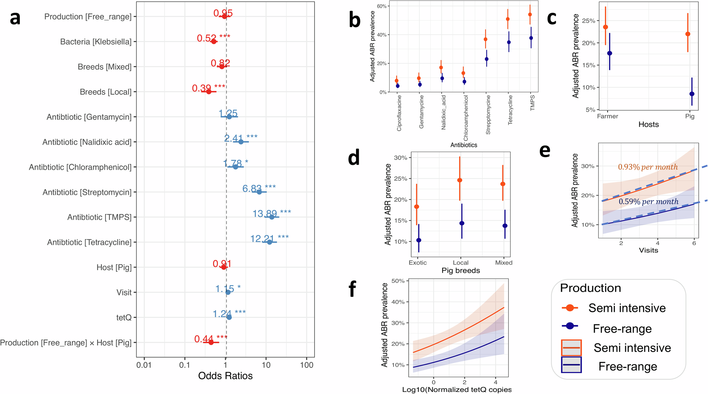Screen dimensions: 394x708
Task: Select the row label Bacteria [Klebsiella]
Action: pos(96,42)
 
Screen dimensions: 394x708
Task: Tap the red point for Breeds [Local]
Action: pos(209,92)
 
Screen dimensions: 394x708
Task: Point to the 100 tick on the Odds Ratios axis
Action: pos(306,365)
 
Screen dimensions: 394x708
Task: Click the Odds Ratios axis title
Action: pos(225,376)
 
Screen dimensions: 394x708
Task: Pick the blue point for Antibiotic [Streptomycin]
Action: pos(259,192)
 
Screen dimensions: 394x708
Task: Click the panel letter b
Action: pos(355,20)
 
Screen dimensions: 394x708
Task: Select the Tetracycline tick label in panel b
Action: pos(510,110)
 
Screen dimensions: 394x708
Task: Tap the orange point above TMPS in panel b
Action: pos(530,15)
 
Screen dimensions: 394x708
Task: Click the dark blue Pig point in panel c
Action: pos(692,94)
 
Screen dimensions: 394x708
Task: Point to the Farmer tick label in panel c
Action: pos(608,116)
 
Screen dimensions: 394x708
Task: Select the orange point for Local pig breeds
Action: pos(460,180)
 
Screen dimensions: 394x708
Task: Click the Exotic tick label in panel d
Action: pos(418,262)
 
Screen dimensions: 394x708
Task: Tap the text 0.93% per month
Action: pos(647,167)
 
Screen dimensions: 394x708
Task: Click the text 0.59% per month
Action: pos(648,202)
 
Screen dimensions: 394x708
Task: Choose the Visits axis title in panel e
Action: pos(648,250)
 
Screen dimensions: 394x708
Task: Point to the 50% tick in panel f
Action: pos(398,281)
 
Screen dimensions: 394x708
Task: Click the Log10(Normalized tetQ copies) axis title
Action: pos(457,389)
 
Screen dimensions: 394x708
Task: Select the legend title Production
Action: pos(590,288)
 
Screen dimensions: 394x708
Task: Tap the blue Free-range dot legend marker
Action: pos(570,326)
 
